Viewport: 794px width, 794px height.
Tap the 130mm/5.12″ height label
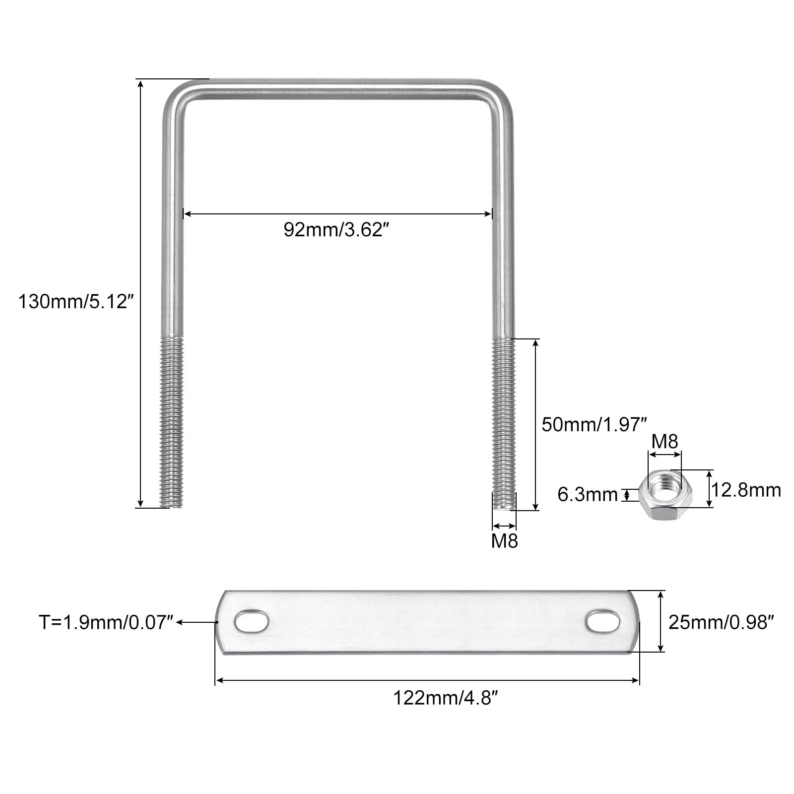click(x=76, y=302)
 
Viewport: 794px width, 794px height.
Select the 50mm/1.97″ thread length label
click(x=595, y=425)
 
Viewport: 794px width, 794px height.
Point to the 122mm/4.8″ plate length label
click(x=445, y=698)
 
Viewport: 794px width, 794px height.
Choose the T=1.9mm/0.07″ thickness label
click(x=106, y=622)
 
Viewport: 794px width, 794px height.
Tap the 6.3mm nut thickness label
click(x=588, y=494)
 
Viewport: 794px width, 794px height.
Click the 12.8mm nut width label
click(x=746, y=490)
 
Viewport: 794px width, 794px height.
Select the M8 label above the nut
click(x=664, y=441)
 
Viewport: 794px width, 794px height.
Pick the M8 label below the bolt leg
click(x=504, y=541)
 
